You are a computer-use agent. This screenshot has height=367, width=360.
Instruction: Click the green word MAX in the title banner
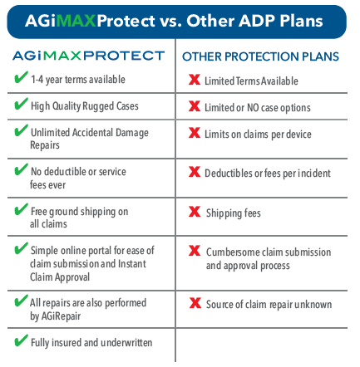click(x=76, y=21)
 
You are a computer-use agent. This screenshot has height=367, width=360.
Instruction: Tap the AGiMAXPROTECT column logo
click(x=88, y=56)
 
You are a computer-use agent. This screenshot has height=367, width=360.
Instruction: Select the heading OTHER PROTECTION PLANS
click(x=260, y=56)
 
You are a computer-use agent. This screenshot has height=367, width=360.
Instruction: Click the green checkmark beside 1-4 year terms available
click(x=21, y=77)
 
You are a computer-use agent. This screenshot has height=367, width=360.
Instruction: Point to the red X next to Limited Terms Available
click(x=195, y=80)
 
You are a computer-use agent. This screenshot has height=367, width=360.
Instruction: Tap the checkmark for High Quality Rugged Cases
click(x=21, y=104)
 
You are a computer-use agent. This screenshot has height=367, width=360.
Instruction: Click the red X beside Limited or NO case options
click(x=195, y=106)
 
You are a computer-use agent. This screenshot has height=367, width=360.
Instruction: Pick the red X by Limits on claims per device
click(x=195, y=133)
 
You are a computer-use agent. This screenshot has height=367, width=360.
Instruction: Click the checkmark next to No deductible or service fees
click(x=21, y=169)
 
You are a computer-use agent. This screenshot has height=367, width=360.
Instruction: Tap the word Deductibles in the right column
click(x=229, y=174)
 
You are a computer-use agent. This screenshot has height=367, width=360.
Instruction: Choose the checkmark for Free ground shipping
click(x=21, y=209)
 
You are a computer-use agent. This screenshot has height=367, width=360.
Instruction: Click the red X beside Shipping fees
click(x=195, y=212)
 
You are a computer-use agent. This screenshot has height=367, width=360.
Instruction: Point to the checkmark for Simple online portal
click(x=21, y=248)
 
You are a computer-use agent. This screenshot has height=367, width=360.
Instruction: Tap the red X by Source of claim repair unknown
click(x=195, y=302)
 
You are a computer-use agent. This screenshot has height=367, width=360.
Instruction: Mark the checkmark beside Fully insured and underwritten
click(x=21, y=340)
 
